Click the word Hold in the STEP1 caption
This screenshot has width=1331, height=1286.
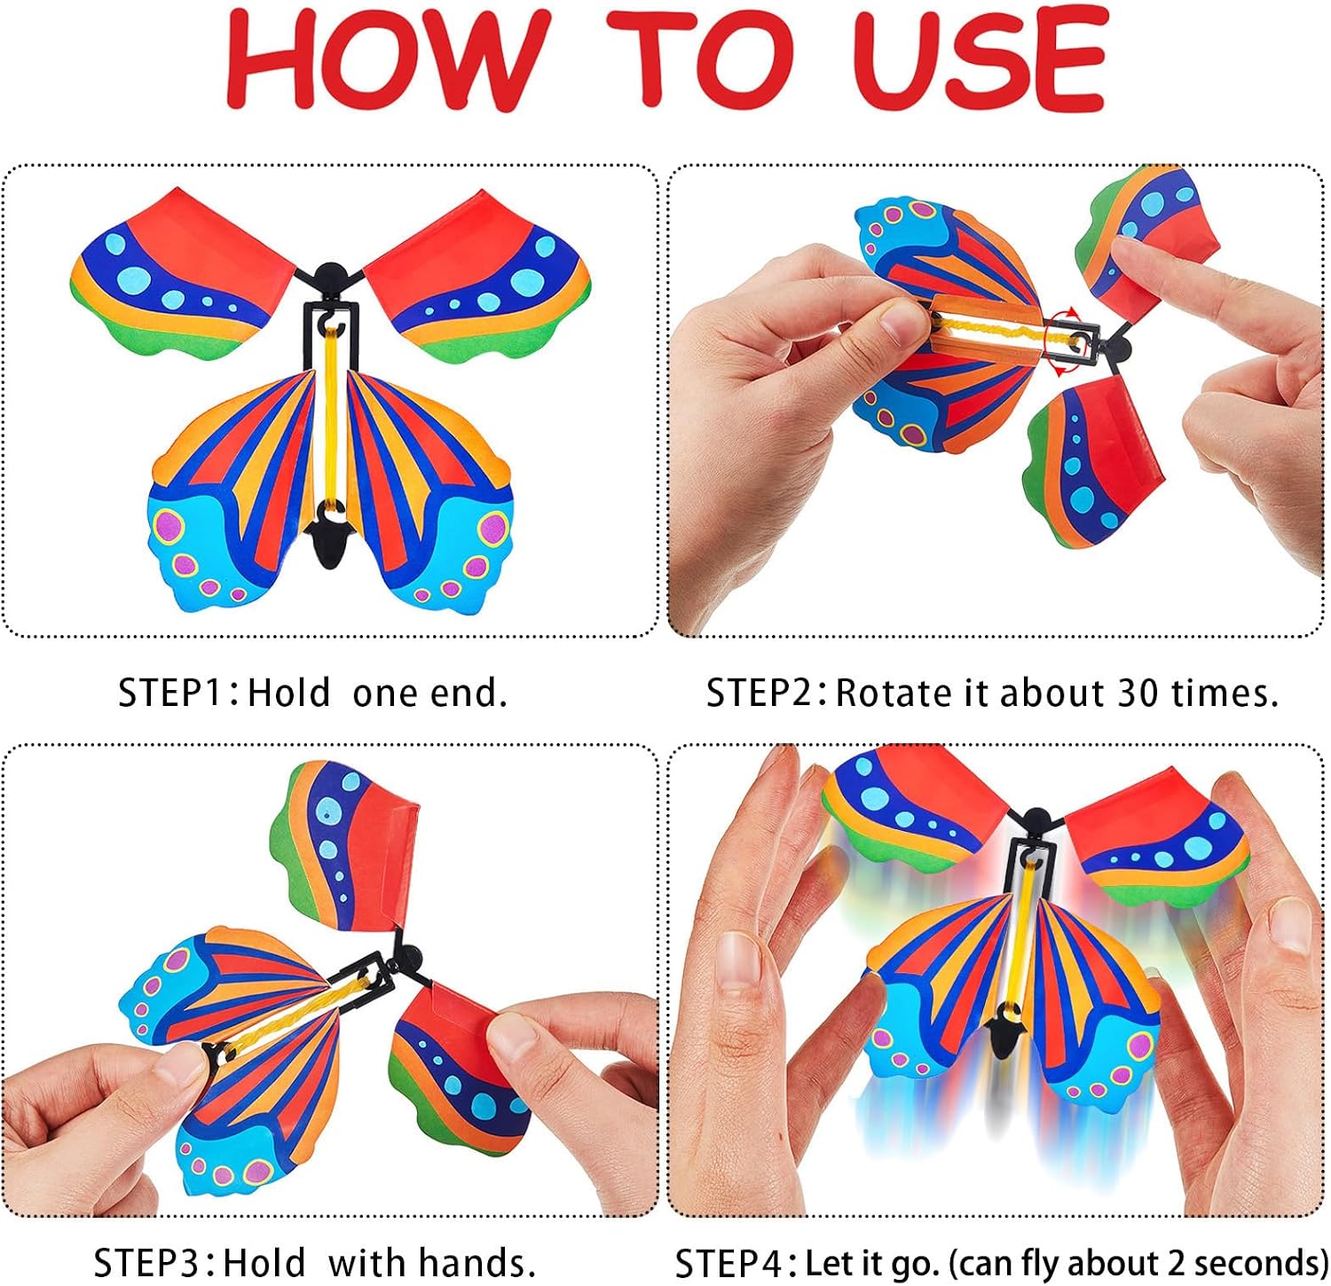click(288, 693)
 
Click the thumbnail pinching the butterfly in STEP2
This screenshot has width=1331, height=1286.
click(895, 325)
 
